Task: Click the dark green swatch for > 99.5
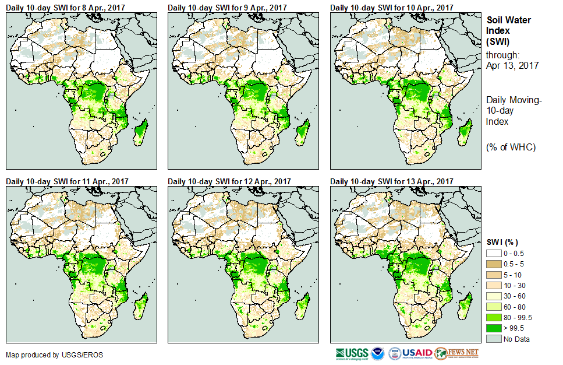tap(494, 328)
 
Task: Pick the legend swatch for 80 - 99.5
tap(494, 317)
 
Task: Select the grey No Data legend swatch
tap(494, 339)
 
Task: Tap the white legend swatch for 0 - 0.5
tap(494, 252)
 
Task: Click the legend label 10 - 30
tap(515, 285)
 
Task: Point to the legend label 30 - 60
tap(515, 296)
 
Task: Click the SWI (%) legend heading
tap(502, 242)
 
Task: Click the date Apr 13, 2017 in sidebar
tap(512, 65)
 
